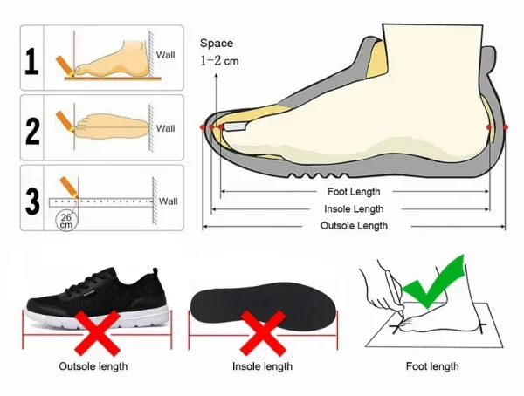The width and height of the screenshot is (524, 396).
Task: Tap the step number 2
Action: [32, 130]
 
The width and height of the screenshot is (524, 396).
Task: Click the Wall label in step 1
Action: [166, 55]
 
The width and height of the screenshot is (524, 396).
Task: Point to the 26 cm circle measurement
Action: [65, 220]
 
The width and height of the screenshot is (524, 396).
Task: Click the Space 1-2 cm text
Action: [218, 51]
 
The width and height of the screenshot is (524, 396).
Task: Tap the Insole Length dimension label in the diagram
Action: [355, 209]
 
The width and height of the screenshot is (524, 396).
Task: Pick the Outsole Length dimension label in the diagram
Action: [355, 226]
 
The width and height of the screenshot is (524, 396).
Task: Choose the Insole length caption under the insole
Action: [262, 366]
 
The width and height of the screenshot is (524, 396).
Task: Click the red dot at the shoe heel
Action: [503, 128]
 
